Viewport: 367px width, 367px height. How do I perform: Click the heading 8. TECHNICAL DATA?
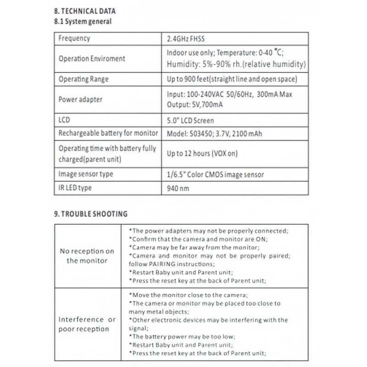(85, 10)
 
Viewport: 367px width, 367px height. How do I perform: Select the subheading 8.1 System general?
(82, 21)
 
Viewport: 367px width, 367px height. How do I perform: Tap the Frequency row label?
(74, 39)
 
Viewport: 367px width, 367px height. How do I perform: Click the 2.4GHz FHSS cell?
(188, 39)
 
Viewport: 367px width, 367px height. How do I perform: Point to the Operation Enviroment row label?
(92, 59)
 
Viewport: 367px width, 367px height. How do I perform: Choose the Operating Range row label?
(83, 79)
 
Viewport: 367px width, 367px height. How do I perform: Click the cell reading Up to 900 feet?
(232, 79)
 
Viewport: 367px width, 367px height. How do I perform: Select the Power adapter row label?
(80, 99)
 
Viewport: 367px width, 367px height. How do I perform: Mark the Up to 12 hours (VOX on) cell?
(202, 154)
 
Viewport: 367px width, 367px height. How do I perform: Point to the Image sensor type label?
(86, 174)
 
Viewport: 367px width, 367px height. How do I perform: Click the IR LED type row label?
(75, 188)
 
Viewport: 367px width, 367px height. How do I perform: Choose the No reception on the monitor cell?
(87, 256)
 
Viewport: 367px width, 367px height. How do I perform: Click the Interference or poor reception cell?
(87, 324)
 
